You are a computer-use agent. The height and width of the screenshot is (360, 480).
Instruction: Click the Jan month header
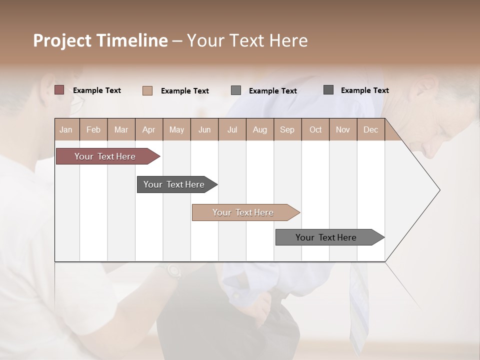click(66, 129)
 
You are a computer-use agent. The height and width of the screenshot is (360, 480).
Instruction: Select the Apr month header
click(149, 129)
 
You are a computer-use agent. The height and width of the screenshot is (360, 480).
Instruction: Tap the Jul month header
click(232, 129)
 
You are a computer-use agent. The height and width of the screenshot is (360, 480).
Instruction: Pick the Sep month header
click(287, 129)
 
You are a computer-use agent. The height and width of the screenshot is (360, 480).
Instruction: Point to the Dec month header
click(370, 129)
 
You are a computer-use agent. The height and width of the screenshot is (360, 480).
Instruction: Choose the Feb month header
click(93, 129)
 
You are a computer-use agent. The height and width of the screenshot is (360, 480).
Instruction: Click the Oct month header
click(315, 129)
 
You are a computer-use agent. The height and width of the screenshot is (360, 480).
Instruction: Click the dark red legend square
click(59, 90)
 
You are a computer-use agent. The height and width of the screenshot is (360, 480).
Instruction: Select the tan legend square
click(147, 90)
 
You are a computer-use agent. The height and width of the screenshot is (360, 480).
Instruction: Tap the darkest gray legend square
click(328, 90)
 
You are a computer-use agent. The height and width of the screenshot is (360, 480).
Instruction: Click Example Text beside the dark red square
click(97, 90)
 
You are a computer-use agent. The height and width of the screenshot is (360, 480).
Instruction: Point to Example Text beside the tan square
click(185, 91)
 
